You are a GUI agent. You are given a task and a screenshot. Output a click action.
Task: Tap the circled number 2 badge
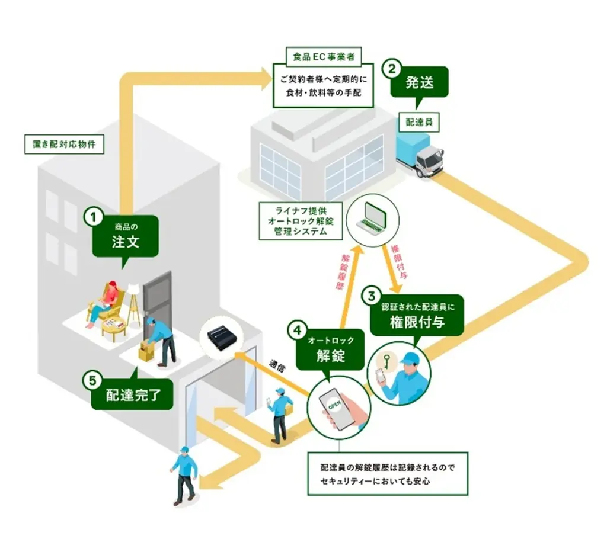390,68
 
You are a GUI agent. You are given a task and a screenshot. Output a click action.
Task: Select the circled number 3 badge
372,294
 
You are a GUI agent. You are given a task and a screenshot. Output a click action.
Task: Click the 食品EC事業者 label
324,57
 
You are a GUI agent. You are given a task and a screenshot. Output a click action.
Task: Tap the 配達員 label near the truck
419,122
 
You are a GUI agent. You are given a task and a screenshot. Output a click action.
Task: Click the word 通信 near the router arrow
277,366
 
